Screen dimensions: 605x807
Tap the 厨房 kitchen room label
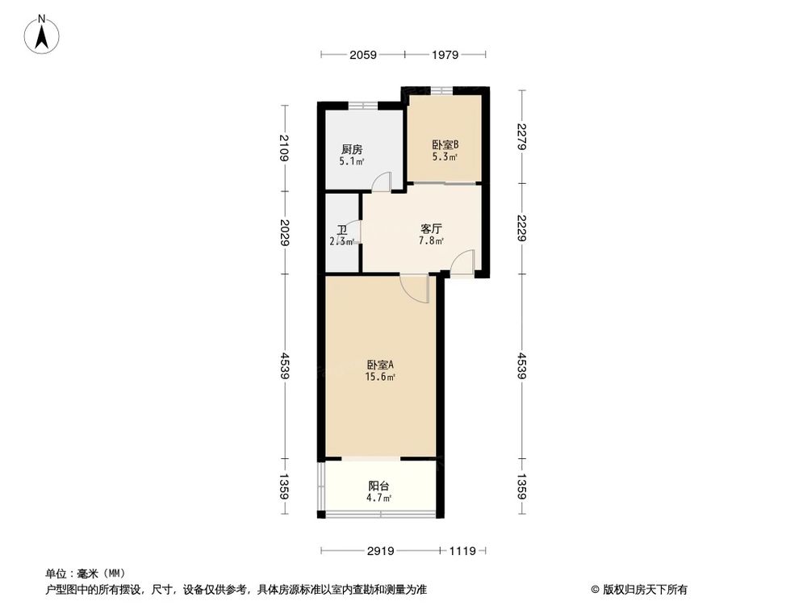coord(351,149)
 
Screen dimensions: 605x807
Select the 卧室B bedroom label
coord(445,145)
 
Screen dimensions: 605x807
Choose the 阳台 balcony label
coord(379,486)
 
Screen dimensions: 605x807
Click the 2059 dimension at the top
coord(363,55)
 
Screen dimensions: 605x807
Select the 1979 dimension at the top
coord(445,55)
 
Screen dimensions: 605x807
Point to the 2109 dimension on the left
coord(284,147)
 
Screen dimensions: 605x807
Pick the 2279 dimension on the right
coord(522,136)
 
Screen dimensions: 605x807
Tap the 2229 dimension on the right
coord(522,228)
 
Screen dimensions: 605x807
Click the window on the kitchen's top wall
coord(361,105)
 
